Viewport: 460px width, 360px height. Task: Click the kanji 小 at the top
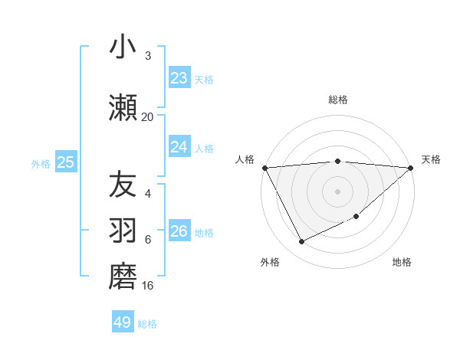tap(123, 47)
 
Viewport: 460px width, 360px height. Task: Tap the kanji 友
tap(123, 185)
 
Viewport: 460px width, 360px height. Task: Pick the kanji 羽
tap(123, 231)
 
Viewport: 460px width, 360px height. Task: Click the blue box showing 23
tap(179, 78)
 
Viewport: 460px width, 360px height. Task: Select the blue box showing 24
tap(179, 147)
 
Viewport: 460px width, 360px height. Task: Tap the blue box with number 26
tap(179, 231)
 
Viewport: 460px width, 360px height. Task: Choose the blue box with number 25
tap(65, 162)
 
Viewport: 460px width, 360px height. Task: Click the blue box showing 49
tap(123, 322)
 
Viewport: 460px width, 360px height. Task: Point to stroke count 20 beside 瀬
tap(147, 117)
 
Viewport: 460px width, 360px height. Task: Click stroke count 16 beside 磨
tap(147, 286)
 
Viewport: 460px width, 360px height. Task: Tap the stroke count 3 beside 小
tap(148, 56)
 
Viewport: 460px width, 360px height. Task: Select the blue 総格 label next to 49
tap(147, 324)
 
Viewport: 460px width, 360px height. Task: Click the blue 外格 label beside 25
tap(41, 163)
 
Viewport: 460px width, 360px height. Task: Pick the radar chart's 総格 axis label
tap(337, 100)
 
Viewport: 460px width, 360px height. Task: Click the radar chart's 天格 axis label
tap(432, 159)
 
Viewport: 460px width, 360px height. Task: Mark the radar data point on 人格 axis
tap(264, 168)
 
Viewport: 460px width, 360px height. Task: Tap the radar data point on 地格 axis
tap(357, 216)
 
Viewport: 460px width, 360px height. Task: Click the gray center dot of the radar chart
tap(337, 191)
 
